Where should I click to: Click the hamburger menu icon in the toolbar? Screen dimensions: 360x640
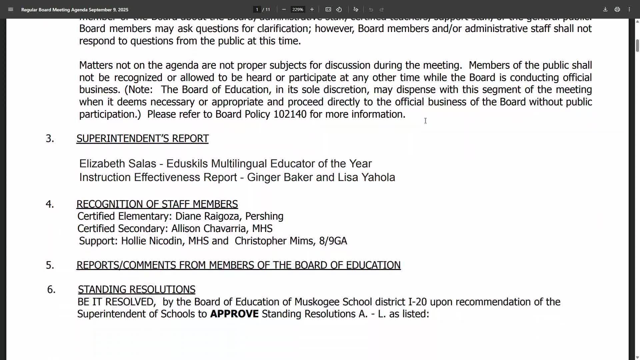11,9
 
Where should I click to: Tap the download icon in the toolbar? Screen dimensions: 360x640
605,9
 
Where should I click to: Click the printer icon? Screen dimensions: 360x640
617,9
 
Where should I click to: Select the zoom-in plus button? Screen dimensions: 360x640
312,9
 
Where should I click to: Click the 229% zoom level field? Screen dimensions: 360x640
297,9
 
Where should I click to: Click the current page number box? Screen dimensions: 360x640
257,9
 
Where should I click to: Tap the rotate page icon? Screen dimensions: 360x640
339,9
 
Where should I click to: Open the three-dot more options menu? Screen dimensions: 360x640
629,9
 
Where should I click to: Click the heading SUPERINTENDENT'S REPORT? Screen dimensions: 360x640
142,138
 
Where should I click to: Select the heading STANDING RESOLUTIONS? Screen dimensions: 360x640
136,289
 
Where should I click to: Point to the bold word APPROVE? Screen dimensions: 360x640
234,314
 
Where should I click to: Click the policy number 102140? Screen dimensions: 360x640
290,114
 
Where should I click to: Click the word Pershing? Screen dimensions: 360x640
264,216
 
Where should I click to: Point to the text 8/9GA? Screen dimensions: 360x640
333,241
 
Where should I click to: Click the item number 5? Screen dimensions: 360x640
49,265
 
